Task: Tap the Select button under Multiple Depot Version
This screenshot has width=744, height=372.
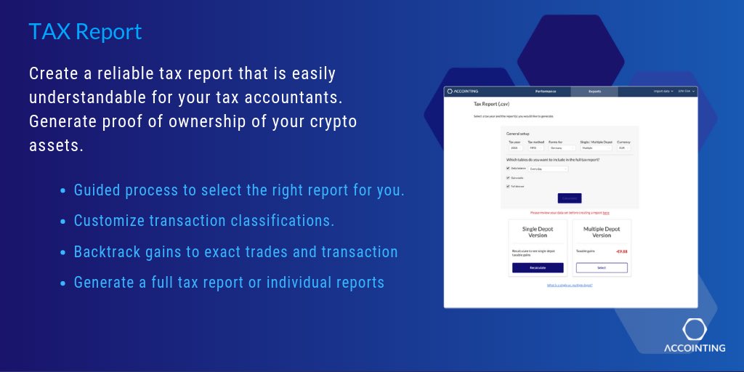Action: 602,267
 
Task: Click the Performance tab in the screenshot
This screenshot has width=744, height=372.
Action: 546,92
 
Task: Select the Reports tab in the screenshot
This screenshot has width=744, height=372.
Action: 594,92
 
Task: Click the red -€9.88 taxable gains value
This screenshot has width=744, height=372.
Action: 621,251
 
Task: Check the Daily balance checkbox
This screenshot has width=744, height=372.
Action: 508,169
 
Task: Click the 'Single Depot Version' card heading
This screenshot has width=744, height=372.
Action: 538,232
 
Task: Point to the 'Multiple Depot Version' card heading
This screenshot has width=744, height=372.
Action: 602,232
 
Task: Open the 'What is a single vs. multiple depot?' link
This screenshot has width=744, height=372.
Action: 570,285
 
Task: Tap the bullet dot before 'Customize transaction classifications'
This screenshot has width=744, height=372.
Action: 64,221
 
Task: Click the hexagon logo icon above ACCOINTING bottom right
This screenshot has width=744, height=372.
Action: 694,329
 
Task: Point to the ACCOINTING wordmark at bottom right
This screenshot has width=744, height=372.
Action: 695,348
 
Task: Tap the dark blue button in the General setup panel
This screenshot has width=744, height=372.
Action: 570,198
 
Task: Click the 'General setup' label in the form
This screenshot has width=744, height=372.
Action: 519,134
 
